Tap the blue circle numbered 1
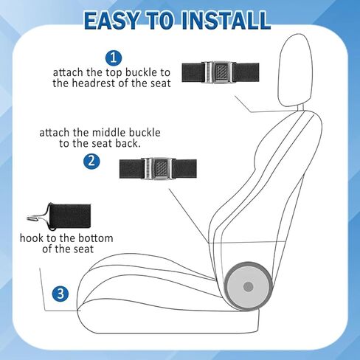(x=114, y=58)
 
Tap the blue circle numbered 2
(x=91, y=161)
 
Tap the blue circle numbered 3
(x=62, y=294)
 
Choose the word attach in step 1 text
(x=69, y=73)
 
